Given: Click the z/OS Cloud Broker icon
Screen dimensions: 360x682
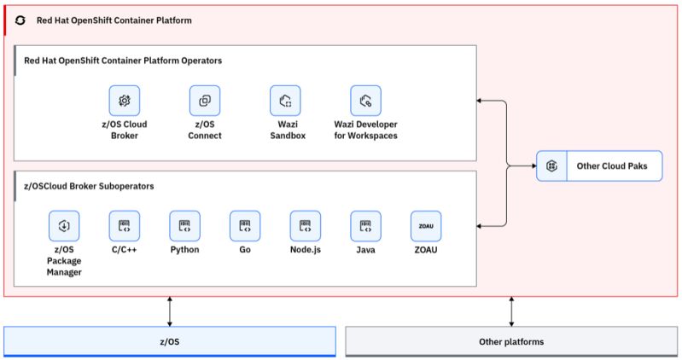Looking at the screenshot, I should click(x=124, y=101).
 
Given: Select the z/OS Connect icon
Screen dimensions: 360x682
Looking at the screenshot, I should click(x=205, y=101).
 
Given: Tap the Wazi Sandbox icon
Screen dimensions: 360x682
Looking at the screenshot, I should click(x=285, y=101).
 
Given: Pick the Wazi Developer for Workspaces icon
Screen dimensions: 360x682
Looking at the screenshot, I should click(x=365, y=101).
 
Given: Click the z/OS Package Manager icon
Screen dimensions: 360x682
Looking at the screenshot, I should click(x=63, y=226).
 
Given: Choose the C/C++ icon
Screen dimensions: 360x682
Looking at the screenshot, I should click(x=125, y=226).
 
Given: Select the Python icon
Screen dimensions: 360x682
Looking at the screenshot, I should click(x=184, y=226).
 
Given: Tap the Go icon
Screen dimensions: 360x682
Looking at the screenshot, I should click(x=245, y=226).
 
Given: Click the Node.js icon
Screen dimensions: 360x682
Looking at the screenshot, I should click(x=305, y=226).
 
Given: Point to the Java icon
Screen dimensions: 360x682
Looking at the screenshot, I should click(x=365, y=226).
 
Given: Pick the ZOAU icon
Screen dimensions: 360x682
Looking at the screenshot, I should click(x=426, y=226).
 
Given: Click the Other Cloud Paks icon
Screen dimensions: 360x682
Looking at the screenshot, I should click(x=552, y=165).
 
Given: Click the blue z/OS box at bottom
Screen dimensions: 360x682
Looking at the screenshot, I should click(x=170, y=341).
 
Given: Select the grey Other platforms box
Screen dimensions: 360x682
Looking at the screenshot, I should click(x=511, y=341).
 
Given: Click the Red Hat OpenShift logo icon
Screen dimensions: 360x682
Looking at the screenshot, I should click(x=21, y=19).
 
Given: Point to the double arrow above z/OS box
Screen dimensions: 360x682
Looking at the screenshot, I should click(x=170, y=311).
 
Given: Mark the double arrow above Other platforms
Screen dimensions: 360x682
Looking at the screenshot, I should click(x=511, y=311).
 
